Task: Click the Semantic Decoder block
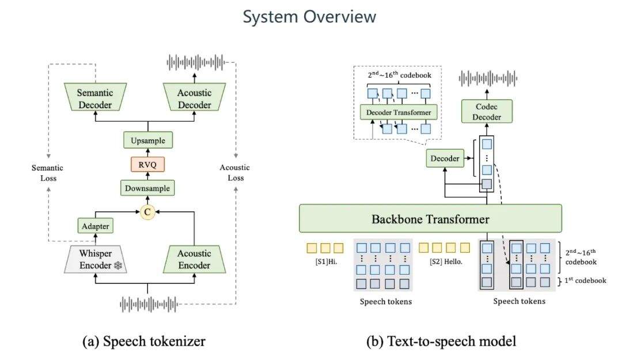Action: [x=95, y=97]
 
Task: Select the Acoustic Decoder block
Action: [x=195, y=97]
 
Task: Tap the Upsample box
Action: [x=148, y=140]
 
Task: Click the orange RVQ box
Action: [x=147, y=164]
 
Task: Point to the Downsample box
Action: [x=147, y=188]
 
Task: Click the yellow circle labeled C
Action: [x=147, y=212]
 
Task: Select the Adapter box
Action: [x=95, y=226]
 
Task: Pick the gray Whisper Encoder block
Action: [x=95, y=260]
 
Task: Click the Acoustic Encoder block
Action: [x=195, y=260]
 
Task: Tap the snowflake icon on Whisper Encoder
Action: [x=118, y=266]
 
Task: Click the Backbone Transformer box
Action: [x=430, y=218]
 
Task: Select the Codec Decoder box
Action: [x=487, y=112]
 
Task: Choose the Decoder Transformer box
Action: [x=399, y=112]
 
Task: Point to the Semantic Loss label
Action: [x=48, y=173]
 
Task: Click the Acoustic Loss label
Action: [x=235, y=173]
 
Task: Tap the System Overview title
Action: [x=309, y=17]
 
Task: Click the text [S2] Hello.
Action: [x=446, y=262]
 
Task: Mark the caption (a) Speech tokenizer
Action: [x=144, y=342]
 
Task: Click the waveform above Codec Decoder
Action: [x=488, y=78]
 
